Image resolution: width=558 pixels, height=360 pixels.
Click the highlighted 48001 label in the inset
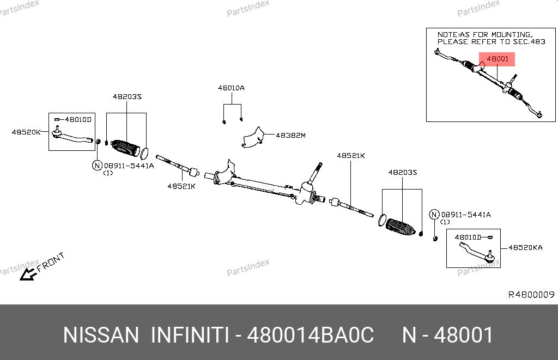pyautogui.click(x=497, y=59)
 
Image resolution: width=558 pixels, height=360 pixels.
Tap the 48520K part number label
pyautogui.click(x=26, y=132)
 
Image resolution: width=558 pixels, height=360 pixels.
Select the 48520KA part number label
pyautogui.click(x=525, y=247)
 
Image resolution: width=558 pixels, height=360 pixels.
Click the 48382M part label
pyautogui.click(x=290, y=136)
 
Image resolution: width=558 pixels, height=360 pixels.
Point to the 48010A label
pyautogui.click(x=231, y=88)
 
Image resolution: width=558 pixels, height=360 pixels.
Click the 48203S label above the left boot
pyautogui.click(x=127, y=96)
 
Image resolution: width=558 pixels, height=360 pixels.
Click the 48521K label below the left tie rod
pyautogui.click(x=181, y=186)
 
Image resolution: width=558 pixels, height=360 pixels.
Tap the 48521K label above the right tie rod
pyautogui.click(x=350, y=156)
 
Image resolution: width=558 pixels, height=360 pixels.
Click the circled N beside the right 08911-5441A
pyautogui.click(x=434, y=215)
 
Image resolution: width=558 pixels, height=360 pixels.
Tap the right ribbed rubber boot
pyautogui.click(x=401, y=228)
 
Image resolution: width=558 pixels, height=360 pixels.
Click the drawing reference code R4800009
pyautogui.click(x=531, y=295)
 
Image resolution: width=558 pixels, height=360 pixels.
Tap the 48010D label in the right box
pyautogui.click(x=468, y=237)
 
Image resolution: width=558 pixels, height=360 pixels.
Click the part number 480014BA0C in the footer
pyautogui.click(x=311, y=335)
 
